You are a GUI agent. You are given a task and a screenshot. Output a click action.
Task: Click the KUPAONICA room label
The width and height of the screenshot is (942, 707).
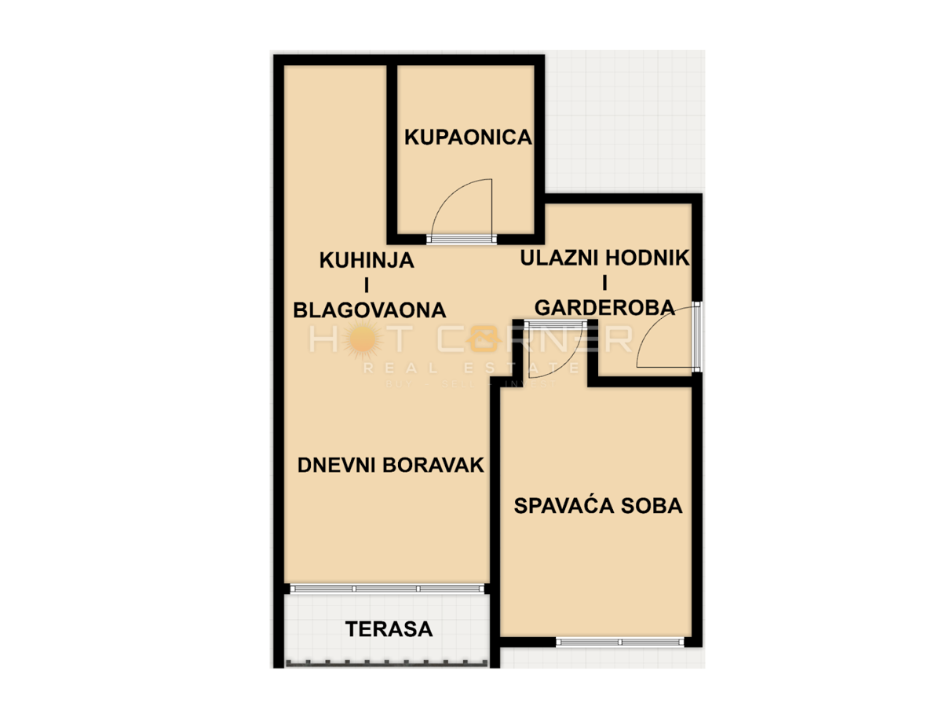tap(468, 137)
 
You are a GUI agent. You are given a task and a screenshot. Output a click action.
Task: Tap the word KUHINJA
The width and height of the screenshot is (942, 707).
tap(366, 260)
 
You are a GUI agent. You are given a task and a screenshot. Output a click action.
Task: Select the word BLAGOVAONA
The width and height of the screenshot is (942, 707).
tap(369, 310)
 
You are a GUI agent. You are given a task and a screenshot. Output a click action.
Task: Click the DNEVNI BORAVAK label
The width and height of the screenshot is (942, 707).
tap(390, 465)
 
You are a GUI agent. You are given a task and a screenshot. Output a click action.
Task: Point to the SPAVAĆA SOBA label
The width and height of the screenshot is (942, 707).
tap(597, 506)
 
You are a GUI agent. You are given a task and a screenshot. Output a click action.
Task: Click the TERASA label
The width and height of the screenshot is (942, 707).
tap(389, 628)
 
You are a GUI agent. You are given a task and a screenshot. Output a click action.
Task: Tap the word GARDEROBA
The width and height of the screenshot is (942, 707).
tap(604, 308)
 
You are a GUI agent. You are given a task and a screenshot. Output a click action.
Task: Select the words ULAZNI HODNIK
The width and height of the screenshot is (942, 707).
tap(604, 258)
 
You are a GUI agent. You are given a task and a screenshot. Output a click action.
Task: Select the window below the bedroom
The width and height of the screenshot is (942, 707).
tap(620, 642)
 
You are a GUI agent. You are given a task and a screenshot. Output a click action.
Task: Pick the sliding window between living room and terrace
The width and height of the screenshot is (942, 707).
tap(386, 588)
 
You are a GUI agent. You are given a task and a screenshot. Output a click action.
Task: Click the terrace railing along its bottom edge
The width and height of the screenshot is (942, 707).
tap(386, 664)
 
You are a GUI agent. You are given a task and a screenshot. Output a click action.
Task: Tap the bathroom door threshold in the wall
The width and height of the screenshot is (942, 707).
tap(462, 239)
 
